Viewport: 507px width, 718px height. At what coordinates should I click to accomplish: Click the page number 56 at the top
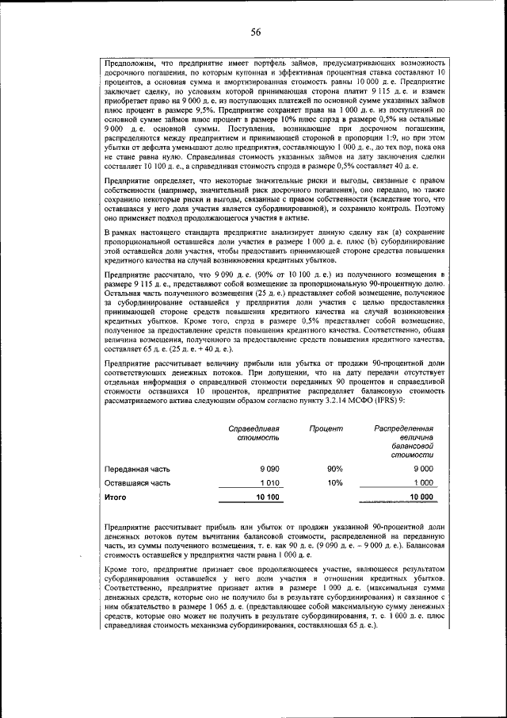[x=256, y=32]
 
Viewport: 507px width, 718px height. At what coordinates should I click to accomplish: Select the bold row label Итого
[x=116, y=497]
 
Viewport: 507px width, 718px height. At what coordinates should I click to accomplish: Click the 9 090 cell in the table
[x=268, y=469]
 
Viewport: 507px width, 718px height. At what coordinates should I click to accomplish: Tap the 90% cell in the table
[x=334, y=469]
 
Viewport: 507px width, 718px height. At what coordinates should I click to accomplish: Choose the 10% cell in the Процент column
[x=334, y=482]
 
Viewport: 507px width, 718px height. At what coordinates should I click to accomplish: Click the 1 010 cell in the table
[x=269, y=482]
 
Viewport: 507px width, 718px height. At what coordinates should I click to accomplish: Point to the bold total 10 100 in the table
[x=267, y=497]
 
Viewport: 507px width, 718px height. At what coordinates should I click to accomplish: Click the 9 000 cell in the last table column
[x=420, y=469]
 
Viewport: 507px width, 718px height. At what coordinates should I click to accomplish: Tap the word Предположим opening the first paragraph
[x=132, y=63]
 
